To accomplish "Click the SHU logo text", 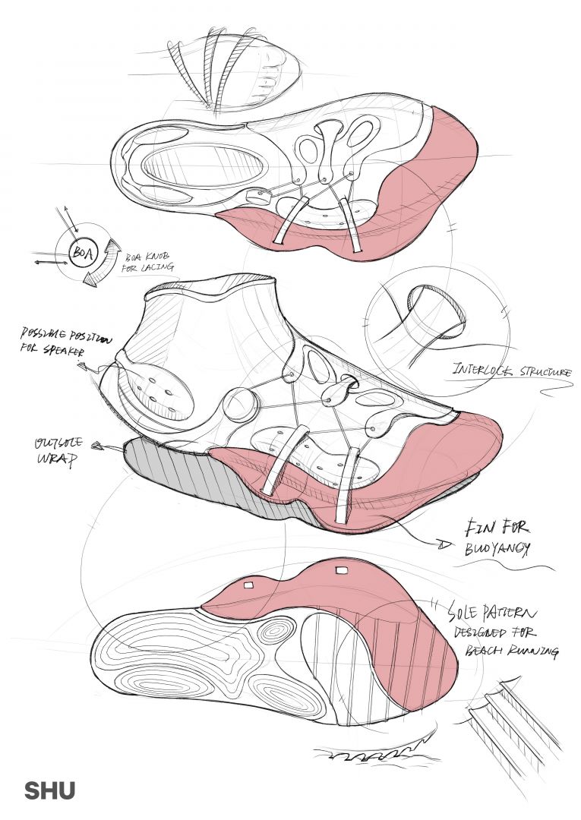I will click(50, 790).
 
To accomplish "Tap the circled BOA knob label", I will click(81, 252).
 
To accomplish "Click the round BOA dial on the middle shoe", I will click(241, 405).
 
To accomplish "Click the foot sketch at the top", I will click(228, 68).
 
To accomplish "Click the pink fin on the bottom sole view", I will click(342, 600).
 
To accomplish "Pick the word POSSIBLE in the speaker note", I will click(46, 335).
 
